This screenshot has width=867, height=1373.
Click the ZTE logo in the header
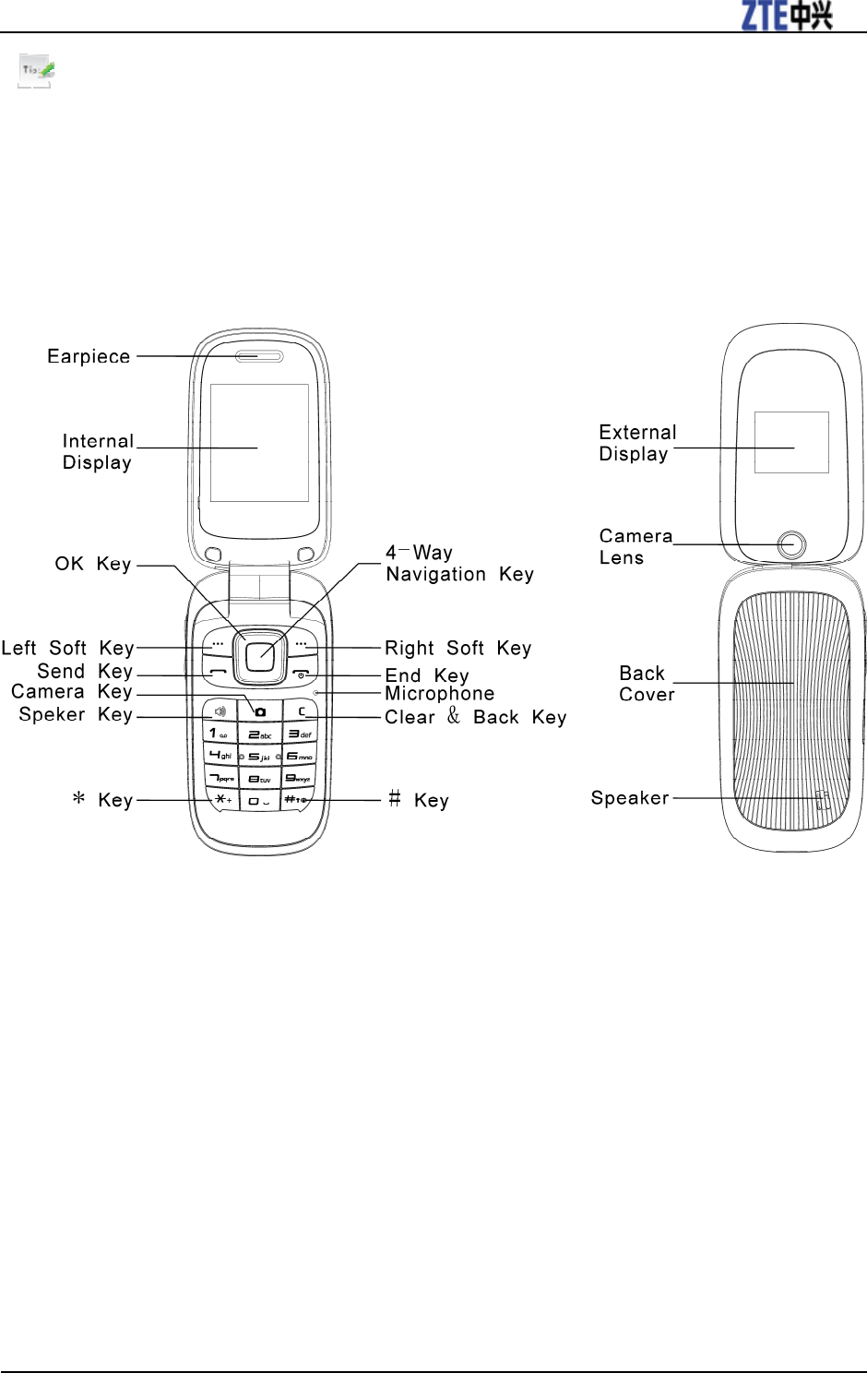click(787, 16)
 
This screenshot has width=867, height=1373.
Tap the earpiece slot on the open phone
click(259, 356)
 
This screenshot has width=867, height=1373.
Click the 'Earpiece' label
click(89, 357)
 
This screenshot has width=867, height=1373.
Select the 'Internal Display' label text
click(98, 452)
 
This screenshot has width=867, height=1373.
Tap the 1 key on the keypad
click(220, 734)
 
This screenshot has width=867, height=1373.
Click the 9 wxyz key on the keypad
click(298, 779)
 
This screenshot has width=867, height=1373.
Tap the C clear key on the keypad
click(301, 711)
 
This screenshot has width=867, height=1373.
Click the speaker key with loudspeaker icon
click(220, 711)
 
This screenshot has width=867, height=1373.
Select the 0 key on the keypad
click(259, 801)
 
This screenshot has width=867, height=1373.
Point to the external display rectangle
click(791, 443)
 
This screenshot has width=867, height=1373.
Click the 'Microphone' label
click(439, 694)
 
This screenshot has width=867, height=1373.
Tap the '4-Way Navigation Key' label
click(459, 564)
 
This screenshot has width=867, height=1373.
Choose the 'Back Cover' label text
click(646, 684)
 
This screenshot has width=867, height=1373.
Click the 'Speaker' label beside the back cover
click(630, 798)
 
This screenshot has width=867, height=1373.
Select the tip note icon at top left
click(36, 70)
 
